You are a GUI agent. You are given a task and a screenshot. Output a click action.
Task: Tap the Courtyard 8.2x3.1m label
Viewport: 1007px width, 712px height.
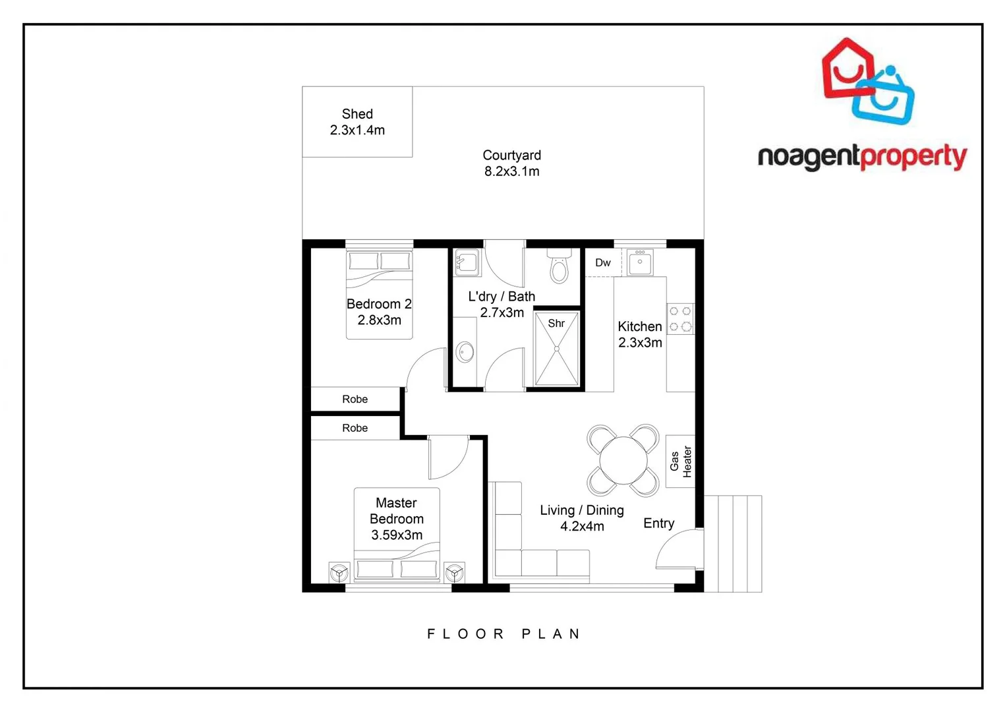click(511, 163)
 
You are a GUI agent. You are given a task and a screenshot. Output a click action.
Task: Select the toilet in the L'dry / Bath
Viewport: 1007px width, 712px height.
click(559, 266)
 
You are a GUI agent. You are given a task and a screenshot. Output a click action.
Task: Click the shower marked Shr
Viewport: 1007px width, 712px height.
click(557, 349)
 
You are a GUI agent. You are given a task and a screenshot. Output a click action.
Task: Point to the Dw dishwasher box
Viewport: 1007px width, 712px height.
click(602, 263)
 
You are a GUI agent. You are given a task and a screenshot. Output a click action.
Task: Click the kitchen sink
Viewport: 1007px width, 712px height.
click(639, 262)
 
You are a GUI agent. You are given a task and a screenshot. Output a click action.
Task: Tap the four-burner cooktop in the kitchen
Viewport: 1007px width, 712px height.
click(680, 318)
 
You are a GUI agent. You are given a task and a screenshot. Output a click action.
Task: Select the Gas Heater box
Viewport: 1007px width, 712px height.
click(680, 461)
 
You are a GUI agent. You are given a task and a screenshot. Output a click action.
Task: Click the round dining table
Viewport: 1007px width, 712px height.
click(623, 460)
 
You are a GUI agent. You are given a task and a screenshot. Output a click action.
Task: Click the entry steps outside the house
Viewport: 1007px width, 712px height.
click(733, 544)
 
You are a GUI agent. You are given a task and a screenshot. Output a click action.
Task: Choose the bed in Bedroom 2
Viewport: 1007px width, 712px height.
click(380, 295)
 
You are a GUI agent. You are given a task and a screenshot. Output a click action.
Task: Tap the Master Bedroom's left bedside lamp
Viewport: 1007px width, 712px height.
click(339, 572)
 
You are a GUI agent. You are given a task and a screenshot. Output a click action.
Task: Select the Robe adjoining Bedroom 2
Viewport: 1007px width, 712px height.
click(355, 399)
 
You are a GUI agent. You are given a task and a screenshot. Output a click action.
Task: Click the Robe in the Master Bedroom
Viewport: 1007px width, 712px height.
click(355, 428)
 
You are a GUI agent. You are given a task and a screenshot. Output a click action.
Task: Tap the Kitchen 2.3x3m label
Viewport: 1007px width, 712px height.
click(640, 334)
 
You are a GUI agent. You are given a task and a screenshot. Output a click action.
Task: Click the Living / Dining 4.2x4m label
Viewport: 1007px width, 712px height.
click(582, 518)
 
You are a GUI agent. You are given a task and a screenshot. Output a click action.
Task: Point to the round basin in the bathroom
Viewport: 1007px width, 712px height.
click(465, 351)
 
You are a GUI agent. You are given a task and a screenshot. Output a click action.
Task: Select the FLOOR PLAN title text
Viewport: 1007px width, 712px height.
click(503, 634)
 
